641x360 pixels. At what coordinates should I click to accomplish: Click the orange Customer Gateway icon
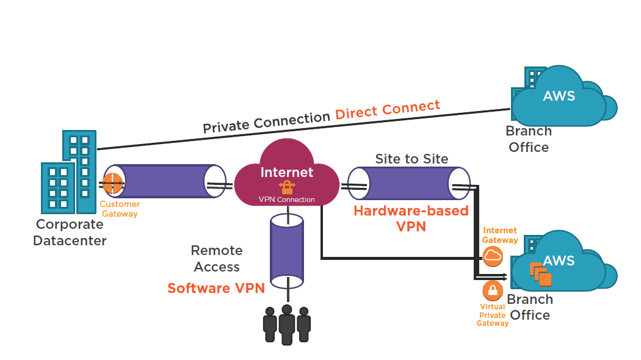pos(113,184)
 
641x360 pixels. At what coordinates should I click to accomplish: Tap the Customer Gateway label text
pos(120,209)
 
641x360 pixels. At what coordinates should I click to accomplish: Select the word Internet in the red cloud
pos(287,173)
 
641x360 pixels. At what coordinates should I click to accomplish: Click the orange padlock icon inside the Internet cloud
pos(287,187)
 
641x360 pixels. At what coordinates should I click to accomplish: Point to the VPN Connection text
pos(286,200)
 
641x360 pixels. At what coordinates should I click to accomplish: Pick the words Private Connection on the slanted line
pos(267,122)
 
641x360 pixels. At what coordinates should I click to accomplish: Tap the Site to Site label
pos(411,159)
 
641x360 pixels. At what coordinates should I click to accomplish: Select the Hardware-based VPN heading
pos(411,218)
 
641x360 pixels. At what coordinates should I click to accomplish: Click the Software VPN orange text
pos(216,288)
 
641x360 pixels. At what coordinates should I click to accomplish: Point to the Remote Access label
pos(217,259)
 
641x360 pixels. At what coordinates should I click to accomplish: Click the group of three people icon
pos(287,325)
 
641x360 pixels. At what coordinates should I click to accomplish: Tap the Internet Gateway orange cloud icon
pos(493,256)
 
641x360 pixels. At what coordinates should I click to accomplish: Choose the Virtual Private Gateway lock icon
pos(493,290)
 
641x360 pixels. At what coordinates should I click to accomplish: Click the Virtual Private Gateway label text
pos(493,315)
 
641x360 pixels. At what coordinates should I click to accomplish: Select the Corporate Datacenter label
pos(70,232)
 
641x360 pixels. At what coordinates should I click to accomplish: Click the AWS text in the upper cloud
pos(559,96)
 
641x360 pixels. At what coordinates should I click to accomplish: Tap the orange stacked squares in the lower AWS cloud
pos(540,274)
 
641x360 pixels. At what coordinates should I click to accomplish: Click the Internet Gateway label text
pos(500,236)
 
